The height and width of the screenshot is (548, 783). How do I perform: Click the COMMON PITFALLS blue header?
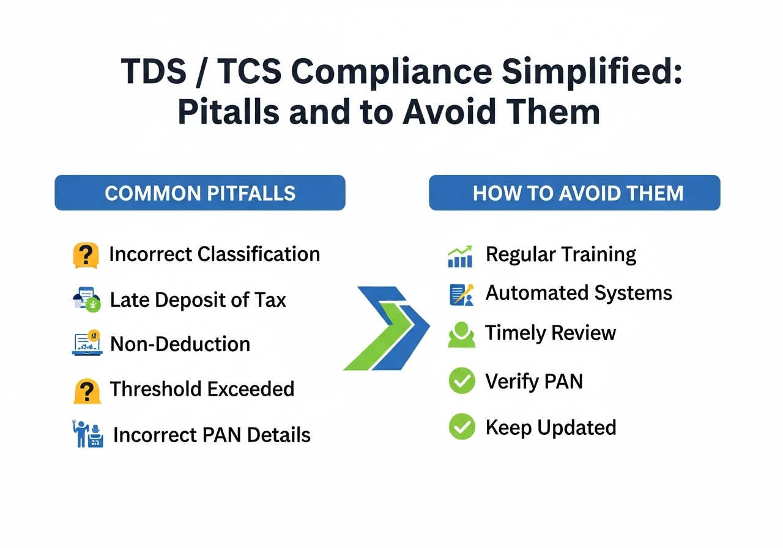coord(200,193)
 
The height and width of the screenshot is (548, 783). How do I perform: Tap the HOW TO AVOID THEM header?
coord(574,193)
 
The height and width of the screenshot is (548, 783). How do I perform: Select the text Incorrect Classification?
coord(214,254)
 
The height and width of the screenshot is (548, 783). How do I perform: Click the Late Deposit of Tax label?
coord(198,300)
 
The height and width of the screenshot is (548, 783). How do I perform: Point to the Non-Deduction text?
coord(180,344)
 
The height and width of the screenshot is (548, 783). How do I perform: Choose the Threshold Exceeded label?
coord(202,389)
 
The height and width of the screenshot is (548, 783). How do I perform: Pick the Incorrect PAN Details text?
coord(212,435)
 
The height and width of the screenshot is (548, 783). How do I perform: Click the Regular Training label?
coord(560,254)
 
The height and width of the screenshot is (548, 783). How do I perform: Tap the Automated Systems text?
coord(579,293)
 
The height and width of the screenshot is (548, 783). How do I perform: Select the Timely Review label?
coord(550,333)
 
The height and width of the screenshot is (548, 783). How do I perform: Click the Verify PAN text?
coord(533,382)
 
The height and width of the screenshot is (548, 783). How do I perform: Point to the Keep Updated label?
coord(551,428)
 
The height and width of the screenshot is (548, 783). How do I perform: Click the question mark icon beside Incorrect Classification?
coord(86,255)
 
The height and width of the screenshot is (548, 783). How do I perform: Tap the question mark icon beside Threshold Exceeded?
coord(87,390)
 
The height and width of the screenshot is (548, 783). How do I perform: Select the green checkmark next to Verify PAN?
coord(462,381)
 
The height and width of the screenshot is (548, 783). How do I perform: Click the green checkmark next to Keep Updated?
coord(462,426)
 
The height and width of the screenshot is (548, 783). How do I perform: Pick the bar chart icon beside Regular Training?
coord(460,257)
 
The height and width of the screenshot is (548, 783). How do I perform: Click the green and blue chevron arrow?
coord(387,328)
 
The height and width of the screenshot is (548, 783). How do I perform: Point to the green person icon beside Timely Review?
coord(461,335)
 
